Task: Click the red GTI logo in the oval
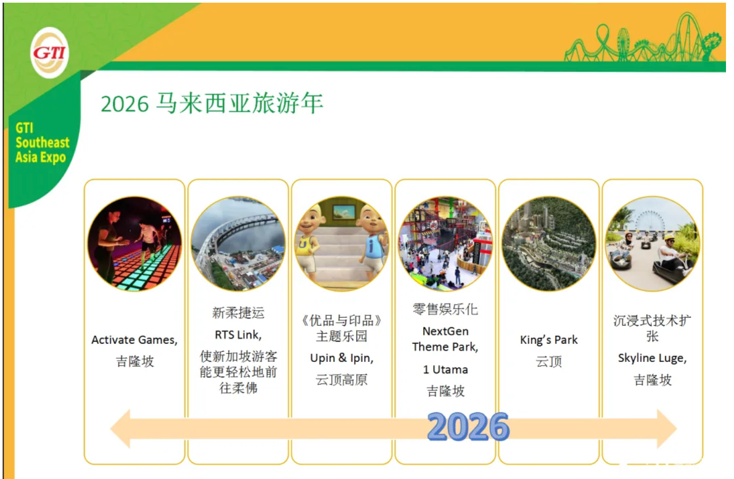click(50, 52)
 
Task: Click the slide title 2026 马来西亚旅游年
click(212, 104)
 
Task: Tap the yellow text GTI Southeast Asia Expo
click(42, 143)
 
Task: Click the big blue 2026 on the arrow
click(468, 426)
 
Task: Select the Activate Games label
click(134, 340)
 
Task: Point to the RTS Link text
click(238, 335)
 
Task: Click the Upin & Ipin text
click(342, 358)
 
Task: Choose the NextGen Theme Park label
click(446, 339)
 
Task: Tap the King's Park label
click(549, 339)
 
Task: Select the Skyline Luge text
click(652, 358)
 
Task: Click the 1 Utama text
click(446, 369)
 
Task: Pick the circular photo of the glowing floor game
click(135, 244)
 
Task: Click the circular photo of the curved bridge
click(238, 244)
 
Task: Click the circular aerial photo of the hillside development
click(549, 244)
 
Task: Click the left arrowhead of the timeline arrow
click(120, 429)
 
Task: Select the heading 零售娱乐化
click(446, 309)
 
